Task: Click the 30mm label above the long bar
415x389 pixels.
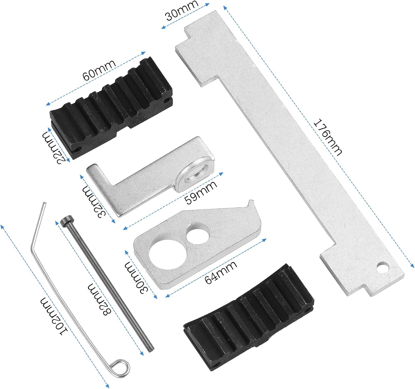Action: click(182, 11)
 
